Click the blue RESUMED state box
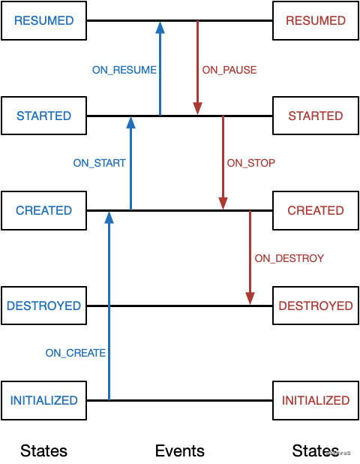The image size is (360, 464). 43,21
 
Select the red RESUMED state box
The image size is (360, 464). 316,21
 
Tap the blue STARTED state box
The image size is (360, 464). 43,116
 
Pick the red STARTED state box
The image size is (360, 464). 316,116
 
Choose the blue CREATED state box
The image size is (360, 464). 43,211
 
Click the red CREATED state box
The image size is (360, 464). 316,211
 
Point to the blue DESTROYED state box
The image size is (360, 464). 43,306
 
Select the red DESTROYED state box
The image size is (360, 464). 316,306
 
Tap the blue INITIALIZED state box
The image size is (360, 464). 43,400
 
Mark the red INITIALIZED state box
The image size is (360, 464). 316,400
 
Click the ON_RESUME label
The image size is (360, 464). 124,70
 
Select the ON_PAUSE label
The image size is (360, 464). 229,70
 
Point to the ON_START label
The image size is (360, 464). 99,163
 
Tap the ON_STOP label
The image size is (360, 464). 251,163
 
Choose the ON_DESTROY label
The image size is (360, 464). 289,258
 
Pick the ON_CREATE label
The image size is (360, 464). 76,353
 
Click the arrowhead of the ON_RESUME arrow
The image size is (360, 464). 160,27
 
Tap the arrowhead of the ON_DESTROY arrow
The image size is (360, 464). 250,298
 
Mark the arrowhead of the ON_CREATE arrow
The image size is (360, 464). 109,218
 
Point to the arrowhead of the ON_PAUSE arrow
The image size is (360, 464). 197,109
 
